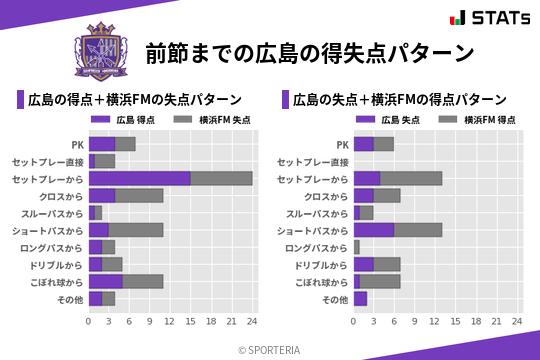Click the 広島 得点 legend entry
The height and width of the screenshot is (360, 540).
[x=128, y=119]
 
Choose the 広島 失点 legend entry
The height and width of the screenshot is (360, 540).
[x=393, y=119]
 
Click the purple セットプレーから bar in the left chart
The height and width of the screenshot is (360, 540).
[x=139, y=178]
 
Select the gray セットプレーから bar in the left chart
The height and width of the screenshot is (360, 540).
[x=221, y=178]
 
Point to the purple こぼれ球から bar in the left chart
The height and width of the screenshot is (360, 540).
[x=105, y=281]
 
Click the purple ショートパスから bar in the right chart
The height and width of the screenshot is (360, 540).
[x=374, y=229]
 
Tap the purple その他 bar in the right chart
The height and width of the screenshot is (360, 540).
[x=360, y=298]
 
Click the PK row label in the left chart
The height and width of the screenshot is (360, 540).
[x=76, y=144]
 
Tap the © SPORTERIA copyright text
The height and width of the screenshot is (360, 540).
[x=270, y=348]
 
